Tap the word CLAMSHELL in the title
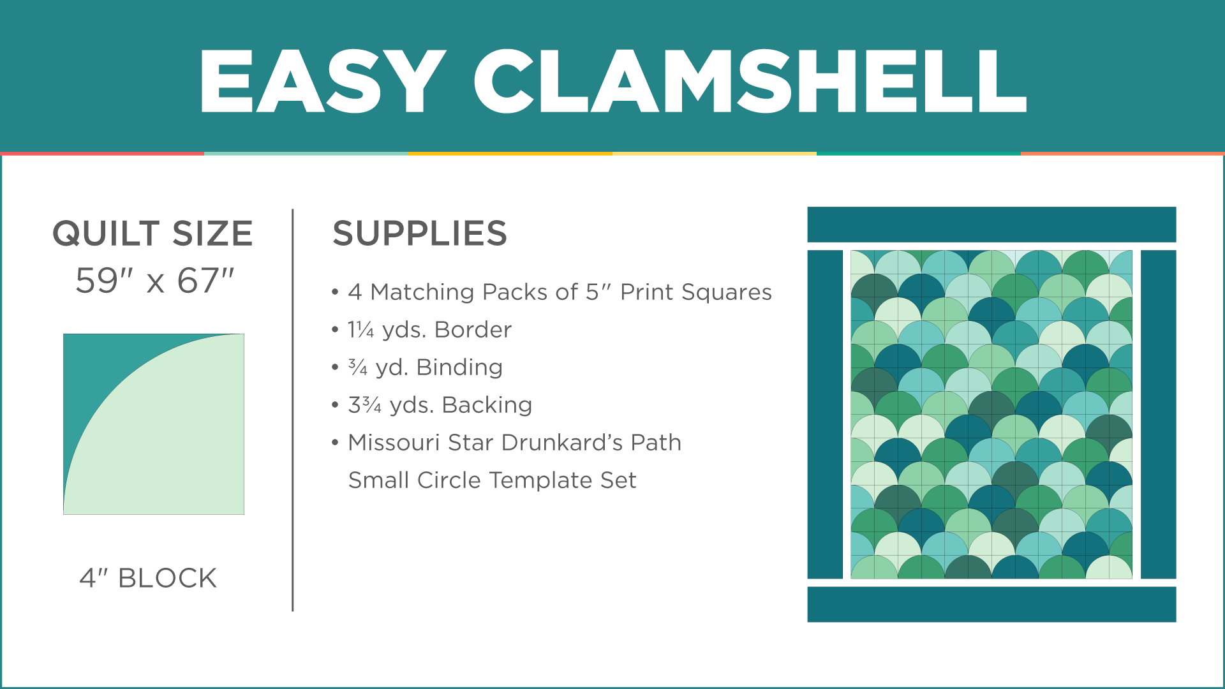point(750,82)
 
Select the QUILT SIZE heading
point(152,233)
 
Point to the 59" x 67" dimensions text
point(155,281)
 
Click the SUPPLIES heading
point(420,233)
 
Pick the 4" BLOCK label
point(148,578)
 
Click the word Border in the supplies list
point(473,330)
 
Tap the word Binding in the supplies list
point(459,367)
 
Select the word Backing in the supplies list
point(487,405)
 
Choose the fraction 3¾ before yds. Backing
point(365,405)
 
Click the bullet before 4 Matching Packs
point(335,293)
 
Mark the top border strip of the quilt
point(991,225)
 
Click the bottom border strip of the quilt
point(991,604)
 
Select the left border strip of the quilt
point(825,415)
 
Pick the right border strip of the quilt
point(1158,415)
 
